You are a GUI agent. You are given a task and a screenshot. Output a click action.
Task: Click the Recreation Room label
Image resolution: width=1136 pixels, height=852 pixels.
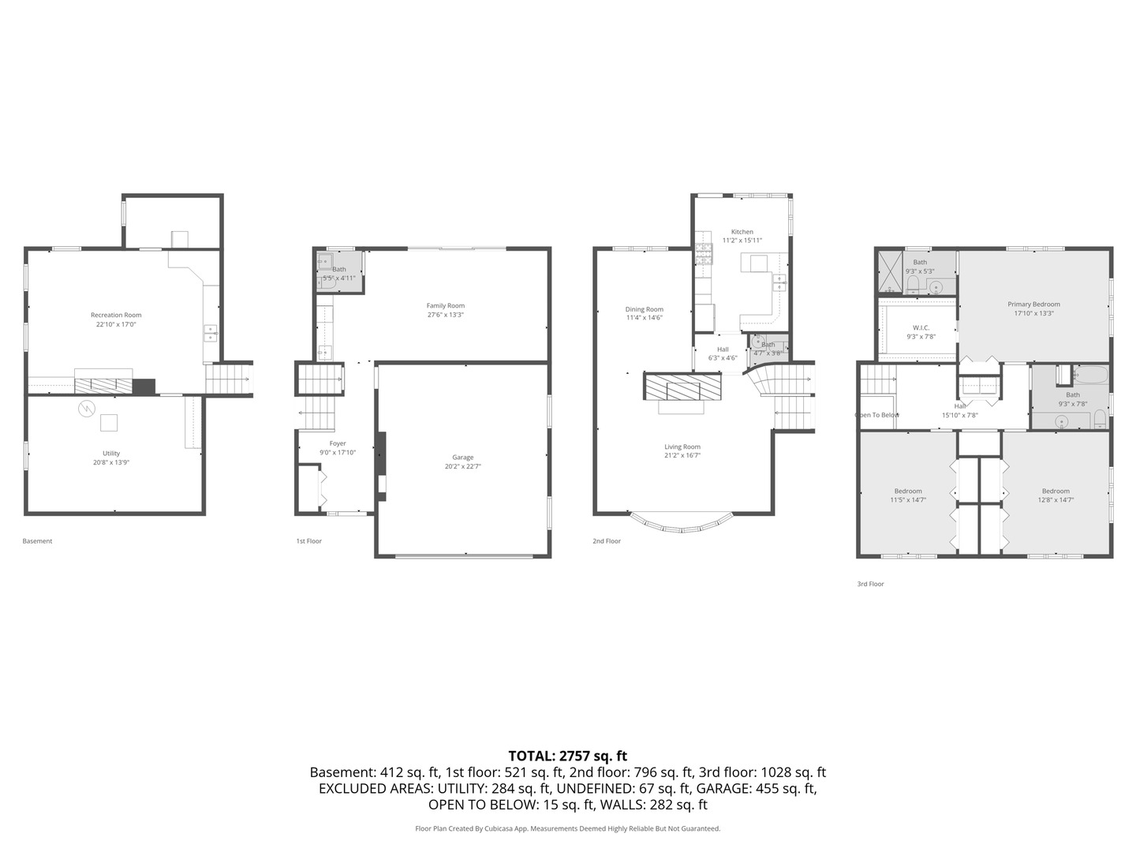click(x=116, y=316)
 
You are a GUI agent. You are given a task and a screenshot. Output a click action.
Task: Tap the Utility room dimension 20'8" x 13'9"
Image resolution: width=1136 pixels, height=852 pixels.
click(x=111, y=463)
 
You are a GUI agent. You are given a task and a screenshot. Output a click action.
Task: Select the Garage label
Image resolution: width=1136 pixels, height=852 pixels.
click(x=463, y=458)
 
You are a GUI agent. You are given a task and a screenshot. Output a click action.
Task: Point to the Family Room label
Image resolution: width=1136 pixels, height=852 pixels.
click(x=446, y=306)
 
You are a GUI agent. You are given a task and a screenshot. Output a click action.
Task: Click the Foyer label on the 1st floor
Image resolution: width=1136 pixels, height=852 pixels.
click(x=338, y=444)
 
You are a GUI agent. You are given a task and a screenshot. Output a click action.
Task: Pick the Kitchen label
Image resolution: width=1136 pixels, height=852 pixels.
click(x=742, y=232)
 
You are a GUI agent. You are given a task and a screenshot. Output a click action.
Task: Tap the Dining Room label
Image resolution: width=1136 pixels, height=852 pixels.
click(x=645, y=310)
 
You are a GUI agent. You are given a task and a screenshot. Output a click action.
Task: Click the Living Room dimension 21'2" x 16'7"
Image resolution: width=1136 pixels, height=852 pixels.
click(x=682, y=455)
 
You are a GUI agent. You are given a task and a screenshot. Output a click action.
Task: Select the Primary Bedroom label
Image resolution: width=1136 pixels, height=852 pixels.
click(x=1033, y=305)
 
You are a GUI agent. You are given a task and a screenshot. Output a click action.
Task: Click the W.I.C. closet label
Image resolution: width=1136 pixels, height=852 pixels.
click(x=921, y=327)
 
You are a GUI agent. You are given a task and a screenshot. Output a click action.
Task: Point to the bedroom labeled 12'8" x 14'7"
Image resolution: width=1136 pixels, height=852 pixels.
click(x=1056, y=499)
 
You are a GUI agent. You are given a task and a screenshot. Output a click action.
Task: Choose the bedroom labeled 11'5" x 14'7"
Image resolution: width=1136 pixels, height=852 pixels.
click(x=908, y=499)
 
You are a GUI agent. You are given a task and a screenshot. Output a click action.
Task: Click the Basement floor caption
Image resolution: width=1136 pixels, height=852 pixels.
click(x=37, y=541)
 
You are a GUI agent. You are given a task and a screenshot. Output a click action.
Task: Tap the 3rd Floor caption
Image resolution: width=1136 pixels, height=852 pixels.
click(x=870, y=584)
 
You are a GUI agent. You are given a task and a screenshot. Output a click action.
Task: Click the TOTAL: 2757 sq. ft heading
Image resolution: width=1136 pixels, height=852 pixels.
click(x=567, y=756)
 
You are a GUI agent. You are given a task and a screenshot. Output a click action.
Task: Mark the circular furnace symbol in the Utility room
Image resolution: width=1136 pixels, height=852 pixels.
click(x=86, y=409)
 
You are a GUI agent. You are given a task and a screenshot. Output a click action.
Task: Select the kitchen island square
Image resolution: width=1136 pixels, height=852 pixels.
click(x=759, y=263)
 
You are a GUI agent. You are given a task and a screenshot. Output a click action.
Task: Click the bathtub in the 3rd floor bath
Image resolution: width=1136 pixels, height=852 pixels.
click(x=1091, y=374)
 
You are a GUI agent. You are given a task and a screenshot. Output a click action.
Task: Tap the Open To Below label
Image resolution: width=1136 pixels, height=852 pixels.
click(x=877, y=415)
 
